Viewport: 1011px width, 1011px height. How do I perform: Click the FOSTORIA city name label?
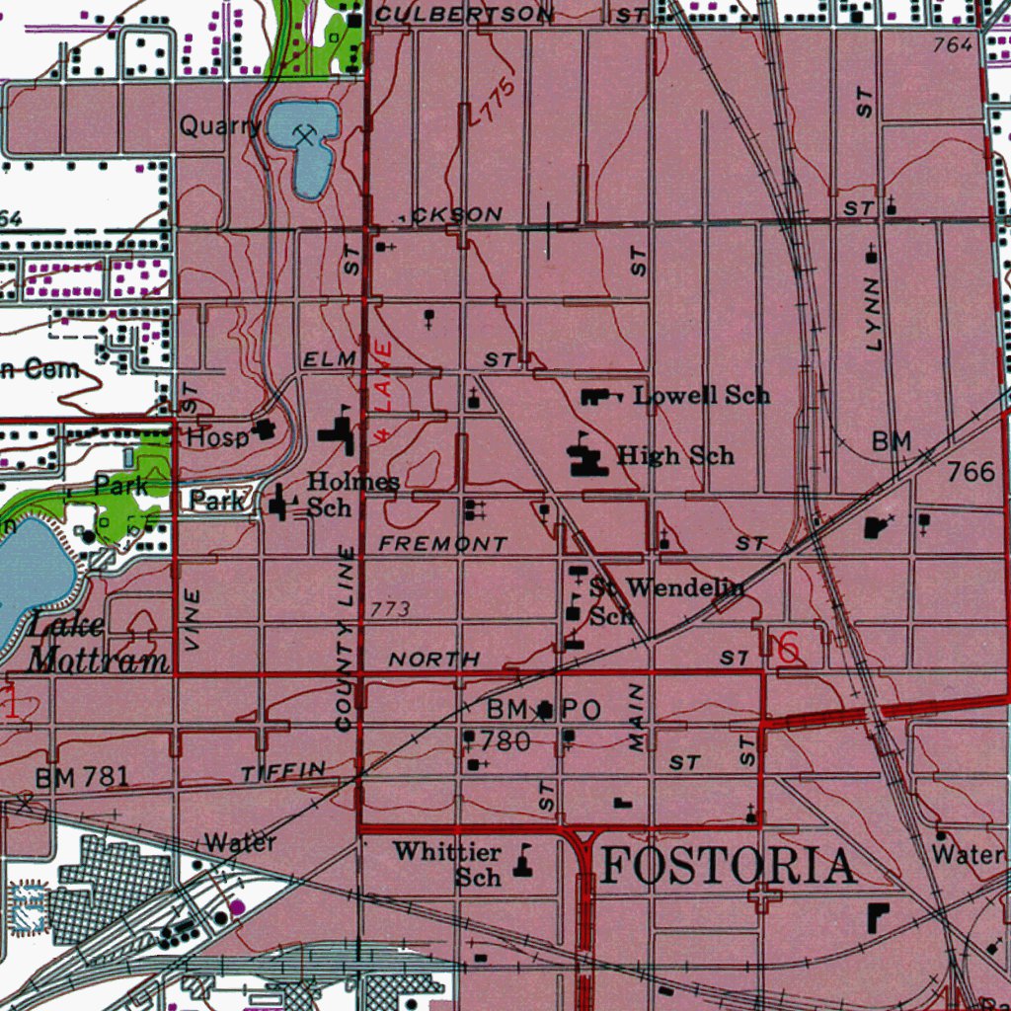[x=728, y=867]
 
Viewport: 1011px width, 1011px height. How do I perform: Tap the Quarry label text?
[x=220, y=126]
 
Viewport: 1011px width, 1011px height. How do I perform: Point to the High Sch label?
[x=675, y=455]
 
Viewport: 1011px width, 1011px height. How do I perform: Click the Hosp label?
[x=216, y=435]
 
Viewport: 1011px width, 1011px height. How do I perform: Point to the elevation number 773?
[x=391, y=610]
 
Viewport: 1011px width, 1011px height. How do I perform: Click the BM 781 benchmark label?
[x=82, y=777]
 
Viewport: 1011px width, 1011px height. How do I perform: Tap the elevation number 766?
[x=971, y=472]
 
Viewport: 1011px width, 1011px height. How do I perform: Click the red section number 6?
[x=788, y=649]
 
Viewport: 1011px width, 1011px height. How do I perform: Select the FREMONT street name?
[x=443, y=544]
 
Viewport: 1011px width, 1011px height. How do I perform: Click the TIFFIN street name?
[x=283, y=771]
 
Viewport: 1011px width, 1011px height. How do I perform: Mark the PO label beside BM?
[x=582, y=709]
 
